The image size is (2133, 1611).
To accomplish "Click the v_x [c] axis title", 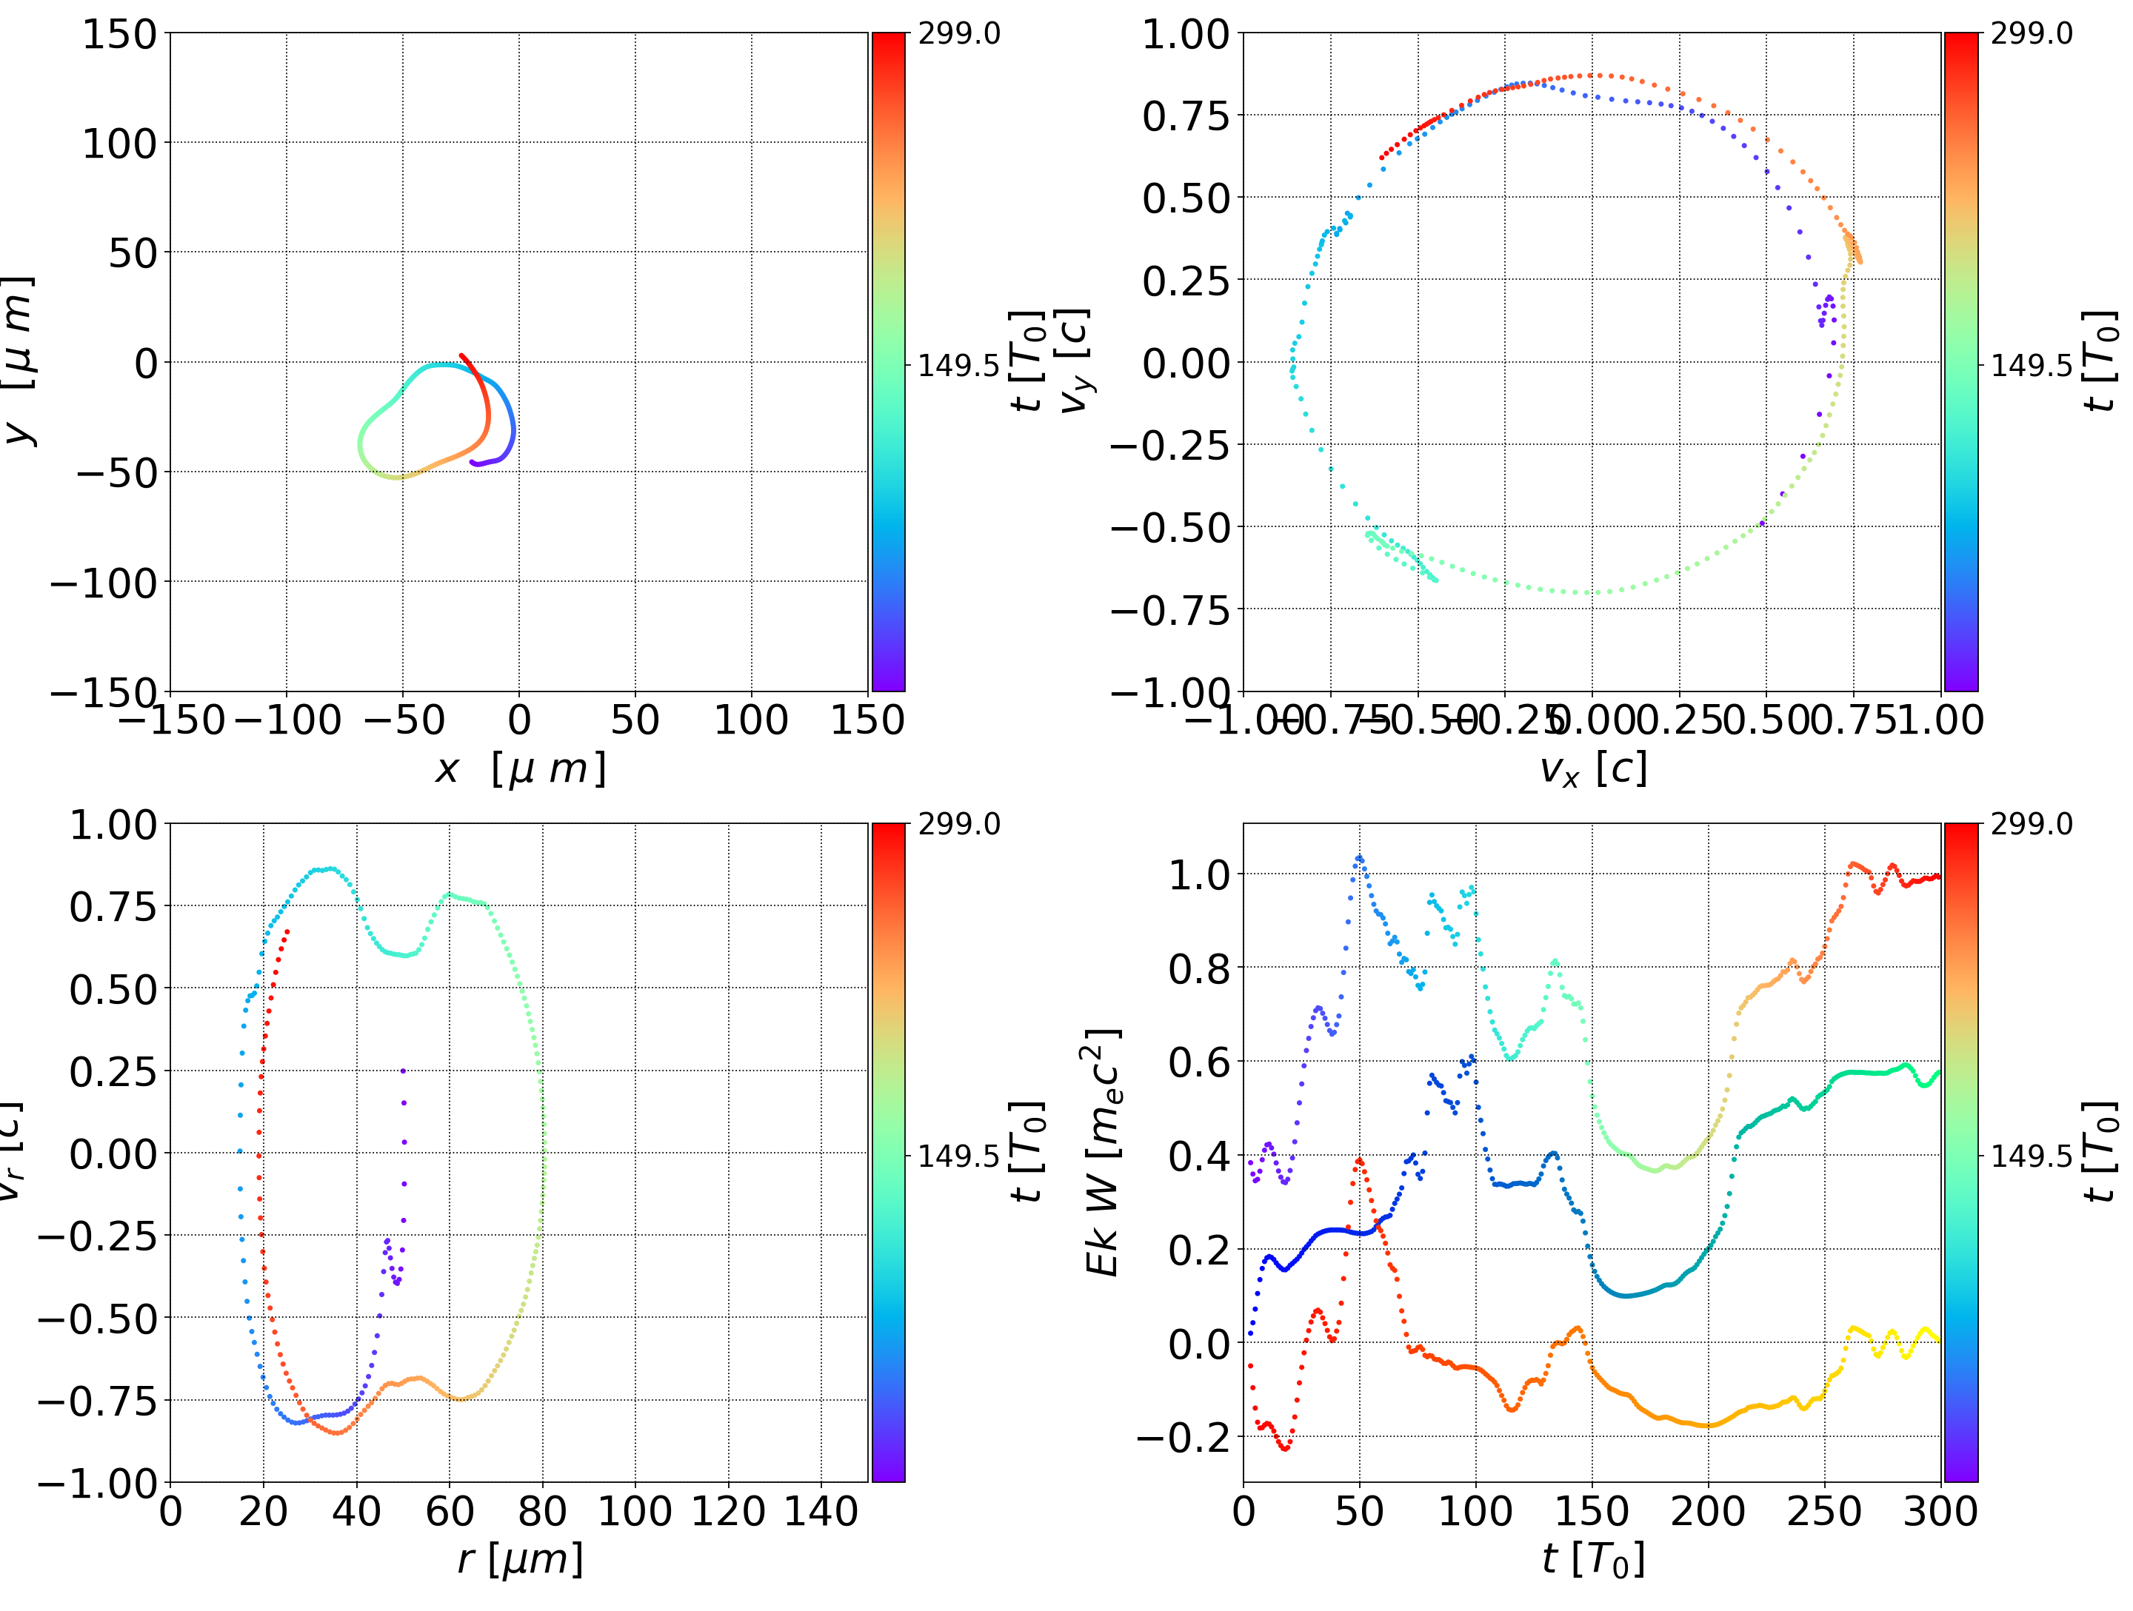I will tap(1592, 769).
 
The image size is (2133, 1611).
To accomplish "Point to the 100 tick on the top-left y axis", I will tap(118, 144).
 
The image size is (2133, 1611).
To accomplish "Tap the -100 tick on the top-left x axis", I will tap(287, 720).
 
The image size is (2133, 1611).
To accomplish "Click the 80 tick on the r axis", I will tap(542, 1511).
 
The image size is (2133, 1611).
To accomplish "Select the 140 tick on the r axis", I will tap(821, 1511).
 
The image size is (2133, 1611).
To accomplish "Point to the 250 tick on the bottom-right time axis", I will tap(1823, 1511).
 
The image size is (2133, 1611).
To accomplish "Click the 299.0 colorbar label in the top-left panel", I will tap(958, 34).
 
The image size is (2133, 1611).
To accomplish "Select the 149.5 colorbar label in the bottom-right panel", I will tap(2031, 1155).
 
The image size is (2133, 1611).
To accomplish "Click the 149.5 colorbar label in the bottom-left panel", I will tap(958, 1155).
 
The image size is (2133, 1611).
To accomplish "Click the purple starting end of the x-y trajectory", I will tap(473, 463).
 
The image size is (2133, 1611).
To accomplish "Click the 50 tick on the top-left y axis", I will tap(132, 253).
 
